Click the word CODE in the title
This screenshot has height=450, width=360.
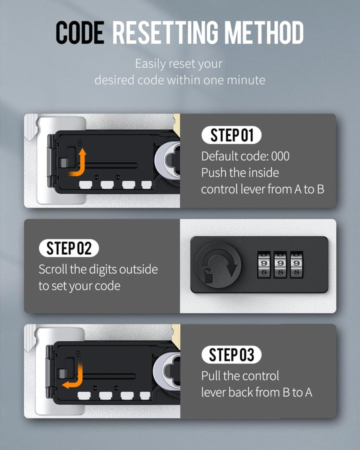(x=80, y=32)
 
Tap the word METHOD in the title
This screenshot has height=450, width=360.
(x=264, y=32)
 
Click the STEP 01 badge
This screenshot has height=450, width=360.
(x=231, y=135)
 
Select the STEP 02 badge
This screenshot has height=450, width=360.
(x=69, y=248)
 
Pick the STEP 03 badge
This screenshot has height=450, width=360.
(x=231, y=354)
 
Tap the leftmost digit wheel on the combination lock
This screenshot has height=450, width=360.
(x=264, y=265)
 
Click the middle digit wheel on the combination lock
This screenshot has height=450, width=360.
(x=280, y=265)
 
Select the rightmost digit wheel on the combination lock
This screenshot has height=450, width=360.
(x=296, y=265)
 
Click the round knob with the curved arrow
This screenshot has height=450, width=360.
(x=218, y=265)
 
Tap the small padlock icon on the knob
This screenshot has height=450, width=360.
(x=208, y=275)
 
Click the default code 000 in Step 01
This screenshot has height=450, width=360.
(x=280, y=156)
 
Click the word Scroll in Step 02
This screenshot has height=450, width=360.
(x=53, y=269)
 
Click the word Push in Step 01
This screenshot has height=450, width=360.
(x=214, y=173)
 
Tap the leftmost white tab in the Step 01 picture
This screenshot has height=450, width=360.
(x=85, y=185)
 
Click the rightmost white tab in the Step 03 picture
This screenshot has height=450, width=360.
(x=145, y=396)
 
